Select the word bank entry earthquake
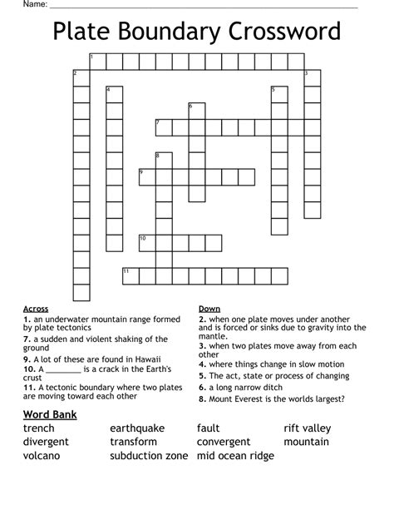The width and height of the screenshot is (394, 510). click(137, 428)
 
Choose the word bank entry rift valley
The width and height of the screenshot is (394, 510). click(307, 428)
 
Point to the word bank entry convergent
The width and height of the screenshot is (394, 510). click(224, 442)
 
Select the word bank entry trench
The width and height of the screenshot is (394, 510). click(39, 428)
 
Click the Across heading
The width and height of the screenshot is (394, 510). click(36, 308)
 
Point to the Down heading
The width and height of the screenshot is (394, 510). click(209, 308)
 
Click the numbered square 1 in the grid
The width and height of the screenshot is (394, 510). click(97, 61)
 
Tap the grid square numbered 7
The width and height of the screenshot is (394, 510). click(163, 127)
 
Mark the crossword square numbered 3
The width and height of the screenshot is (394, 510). click(312, 77)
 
